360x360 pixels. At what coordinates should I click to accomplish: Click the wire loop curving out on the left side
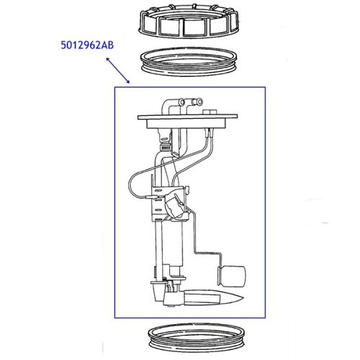click(130, 184)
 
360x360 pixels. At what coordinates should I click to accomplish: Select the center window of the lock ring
click(195, 27)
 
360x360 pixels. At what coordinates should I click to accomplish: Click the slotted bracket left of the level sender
click(153, 209)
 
